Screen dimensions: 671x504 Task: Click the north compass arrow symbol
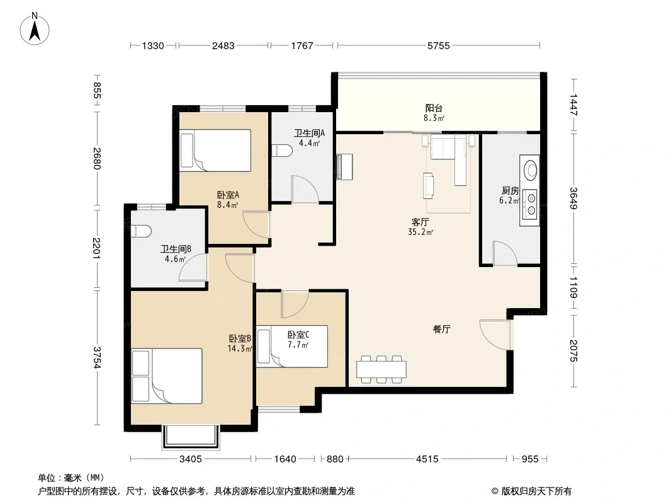[35, 28]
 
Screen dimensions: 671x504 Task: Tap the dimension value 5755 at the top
[439, 46]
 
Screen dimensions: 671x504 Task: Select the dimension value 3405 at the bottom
[191, 459]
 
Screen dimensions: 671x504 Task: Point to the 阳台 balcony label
[434, 108]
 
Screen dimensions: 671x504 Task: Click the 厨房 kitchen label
[510, 190]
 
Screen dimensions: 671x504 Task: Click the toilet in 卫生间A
[283, 151]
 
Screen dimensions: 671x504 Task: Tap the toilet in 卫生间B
[141, 231]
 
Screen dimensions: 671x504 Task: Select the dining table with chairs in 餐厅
[381, 369]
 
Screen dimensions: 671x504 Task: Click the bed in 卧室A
[215, 151]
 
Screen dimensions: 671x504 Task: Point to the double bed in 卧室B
[166, 376]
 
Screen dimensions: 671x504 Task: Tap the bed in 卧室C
[293, 346]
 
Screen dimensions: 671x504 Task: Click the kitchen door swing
[505, 253]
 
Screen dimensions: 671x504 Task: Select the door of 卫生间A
[305, 188]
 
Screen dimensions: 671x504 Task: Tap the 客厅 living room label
[420, 222]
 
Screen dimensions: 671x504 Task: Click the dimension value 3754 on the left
[97, 358]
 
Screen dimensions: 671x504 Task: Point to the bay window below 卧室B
[191, 437]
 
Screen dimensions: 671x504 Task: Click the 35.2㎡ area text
[420, 232]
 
